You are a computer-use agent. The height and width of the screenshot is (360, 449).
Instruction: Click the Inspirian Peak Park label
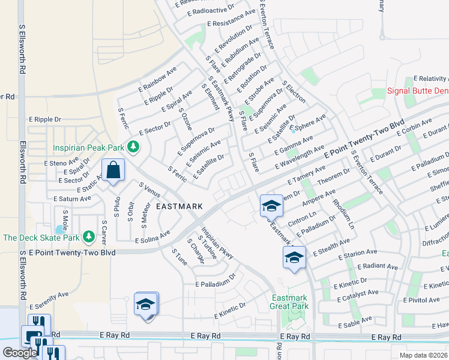pyautogui.click(x=88, y=146)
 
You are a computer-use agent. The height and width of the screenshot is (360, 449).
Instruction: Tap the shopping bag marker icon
pyautogui.click(x=113, y=170)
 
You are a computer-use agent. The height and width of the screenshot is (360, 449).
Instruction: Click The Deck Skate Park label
pyautogui.click(x=41, y=238)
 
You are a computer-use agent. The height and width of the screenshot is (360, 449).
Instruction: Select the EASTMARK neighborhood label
pyautogui.click(x=179, y=206)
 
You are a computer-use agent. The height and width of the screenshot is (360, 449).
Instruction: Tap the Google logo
pyautogui.click(x=20, y=353)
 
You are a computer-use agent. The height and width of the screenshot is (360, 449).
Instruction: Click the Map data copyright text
pyautogui.click(x=423, y=355)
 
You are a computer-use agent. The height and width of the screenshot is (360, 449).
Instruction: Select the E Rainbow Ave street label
pyautogui.click(x=157, y=78)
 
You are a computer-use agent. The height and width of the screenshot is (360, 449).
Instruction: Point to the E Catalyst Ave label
pyautogui.click(x=358, y=294)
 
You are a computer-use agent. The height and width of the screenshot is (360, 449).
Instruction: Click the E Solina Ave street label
pyautogui.click(x=152, y=236)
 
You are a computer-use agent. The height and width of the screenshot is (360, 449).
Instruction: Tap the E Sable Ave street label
pyautogui.click(x=356, y=323)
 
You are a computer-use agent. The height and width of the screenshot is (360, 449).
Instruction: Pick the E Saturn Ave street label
pyautogui.click(x=72, y=199)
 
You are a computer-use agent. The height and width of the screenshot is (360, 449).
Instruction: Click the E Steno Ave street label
pyautogui.click(x=61, y=162)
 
